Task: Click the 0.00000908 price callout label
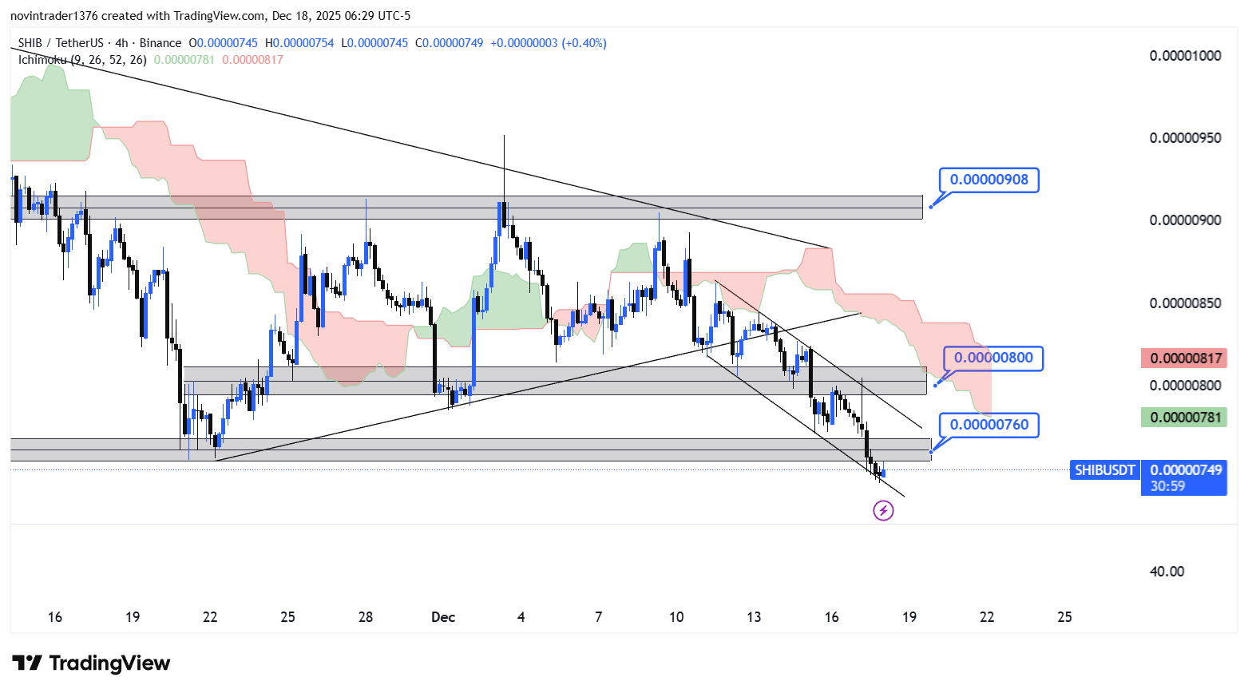click(988, 180)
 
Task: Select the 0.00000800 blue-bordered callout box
click(993, 358)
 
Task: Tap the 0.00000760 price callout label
click(989, 425)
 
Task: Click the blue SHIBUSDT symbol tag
click(1104, 470)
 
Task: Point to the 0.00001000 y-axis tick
click(1185, 56)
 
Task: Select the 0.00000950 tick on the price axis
click(1185, 138)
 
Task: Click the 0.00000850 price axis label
click(1185, 303)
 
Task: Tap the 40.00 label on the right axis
click(1167, 572)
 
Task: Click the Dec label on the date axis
click(442, 617)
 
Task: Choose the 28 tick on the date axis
click(366, 617)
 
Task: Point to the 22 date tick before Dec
click(210, 617)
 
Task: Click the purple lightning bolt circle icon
click(883, 510)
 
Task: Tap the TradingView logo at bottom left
click(92, 663)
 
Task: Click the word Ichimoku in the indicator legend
click(43, 60)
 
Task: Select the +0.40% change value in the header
click(584, 43)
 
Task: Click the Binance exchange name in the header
click(160, 43)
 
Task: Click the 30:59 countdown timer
click(1167, 486)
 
